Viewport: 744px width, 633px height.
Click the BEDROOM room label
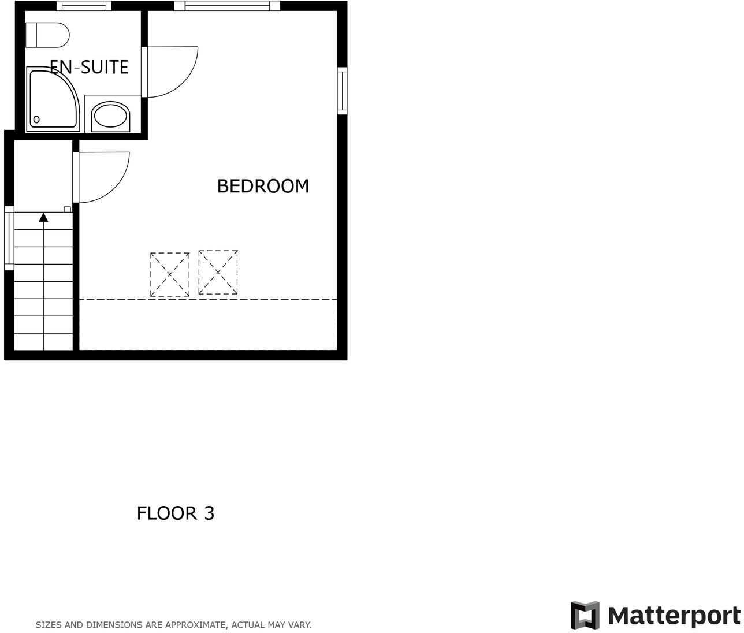tap(263, 186)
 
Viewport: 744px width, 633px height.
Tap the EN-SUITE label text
tap(89, 67)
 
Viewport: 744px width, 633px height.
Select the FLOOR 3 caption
tap(175, 513)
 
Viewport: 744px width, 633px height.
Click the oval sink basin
tap(110, 116)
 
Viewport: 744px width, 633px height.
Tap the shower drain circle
tap(36, 120)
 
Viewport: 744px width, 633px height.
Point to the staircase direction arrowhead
tap(43, 217)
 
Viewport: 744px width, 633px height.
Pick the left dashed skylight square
tap(170, 274)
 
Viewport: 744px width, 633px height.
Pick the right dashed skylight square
tap(218, 272)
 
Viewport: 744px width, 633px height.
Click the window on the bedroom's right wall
tap(342, 90)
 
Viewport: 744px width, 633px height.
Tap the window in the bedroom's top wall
tap(227, 6)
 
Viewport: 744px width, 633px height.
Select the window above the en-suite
tap(84, 6)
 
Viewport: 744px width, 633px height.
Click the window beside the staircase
tap(9, 238)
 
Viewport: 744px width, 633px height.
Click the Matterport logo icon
tap(585, 616)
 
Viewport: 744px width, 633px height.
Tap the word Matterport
tap(674, 616)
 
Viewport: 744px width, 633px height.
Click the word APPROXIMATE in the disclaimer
tap(194, 625)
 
